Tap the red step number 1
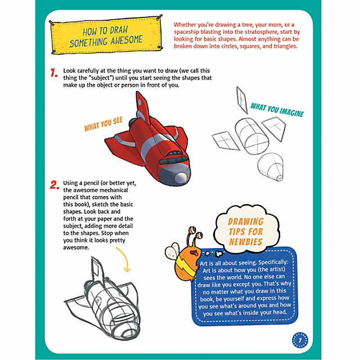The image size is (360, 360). [x=55, y=74]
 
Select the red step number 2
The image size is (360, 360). [x=55, y=184]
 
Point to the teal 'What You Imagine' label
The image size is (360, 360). [x=277, y=110]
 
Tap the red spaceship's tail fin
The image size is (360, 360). [x=142, y=107]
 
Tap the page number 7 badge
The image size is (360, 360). [x=301, y=339]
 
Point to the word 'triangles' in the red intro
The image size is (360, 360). [x=278, y=46]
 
